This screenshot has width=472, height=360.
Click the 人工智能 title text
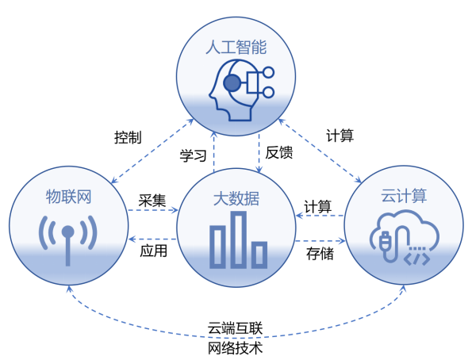pyautogui.click(x=236, y=48)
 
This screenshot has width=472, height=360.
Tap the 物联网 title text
pyautogui.click(x=69, y=197)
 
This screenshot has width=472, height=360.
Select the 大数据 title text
pyautogui.click(x=236, y=199)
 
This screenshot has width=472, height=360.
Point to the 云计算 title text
pyautogui.click(x=404, y=196)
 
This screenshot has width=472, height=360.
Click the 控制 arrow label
pyautogui.click(x=128, y=137)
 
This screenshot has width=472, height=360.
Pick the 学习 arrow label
pyautogui.click(x=194, y=155)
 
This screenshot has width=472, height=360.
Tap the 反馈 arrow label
pyautogui.click(x=279, y=152)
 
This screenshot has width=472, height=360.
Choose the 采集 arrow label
pyautogui.click(x=152, y=201)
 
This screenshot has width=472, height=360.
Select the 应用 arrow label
pyautogui.click(x=154, y=251)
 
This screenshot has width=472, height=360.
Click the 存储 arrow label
pyautogui.click(x=320, y=254)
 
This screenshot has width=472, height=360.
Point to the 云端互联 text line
pyautogui.click(x=235, y=328)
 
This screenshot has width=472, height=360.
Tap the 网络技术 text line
pyautogui.click(x=235, y=348)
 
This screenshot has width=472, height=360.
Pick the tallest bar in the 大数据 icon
pyautogui.click(x=239, y=239)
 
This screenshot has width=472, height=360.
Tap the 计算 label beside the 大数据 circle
pyautogui.click(x=317, y=207)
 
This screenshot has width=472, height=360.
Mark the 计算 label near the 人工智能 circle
pyautogui.click(x=340, y=136)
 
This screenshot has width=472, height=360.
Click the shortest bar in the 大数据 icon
pyautogui.click(x=259, y=255)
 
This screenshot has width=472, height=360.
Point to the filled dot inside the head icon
pyautogui.click(x=232, y=83)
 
